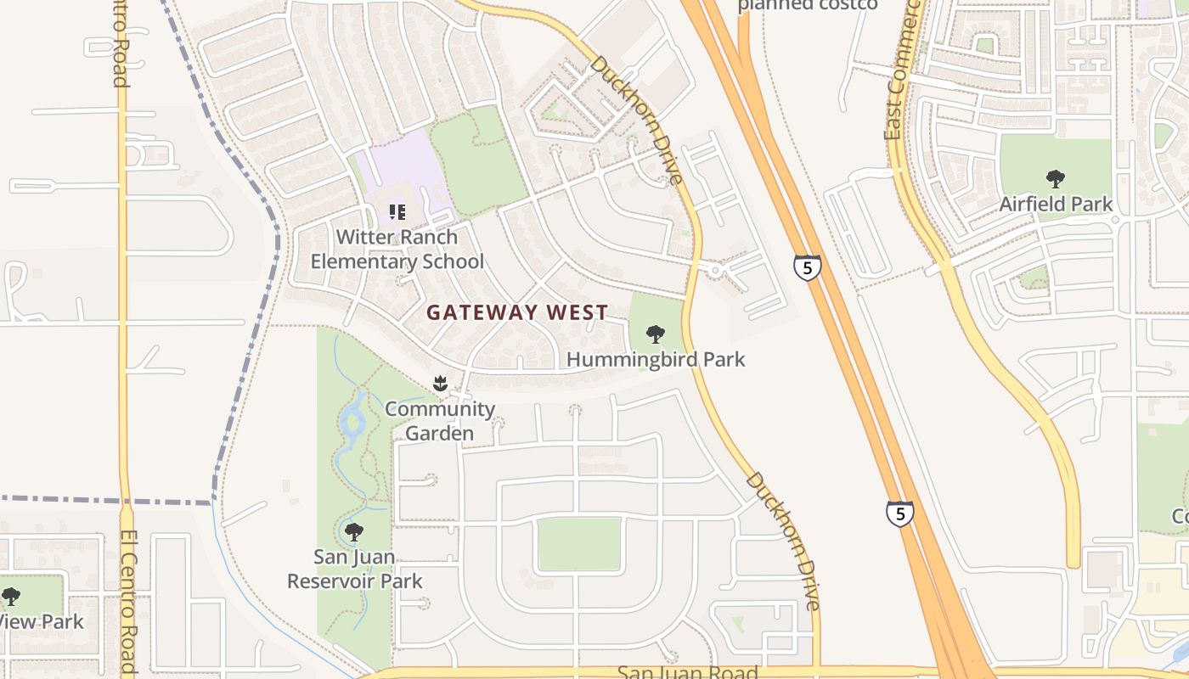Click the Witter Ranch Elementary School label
point(397,250)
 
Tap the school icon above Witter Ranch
point(397,211)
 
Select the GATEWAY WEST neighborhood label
point(517,312)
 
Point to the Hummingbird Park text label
point(655,359)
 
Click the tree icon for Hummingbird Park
point(655,334)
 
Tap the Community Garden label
point(440,421)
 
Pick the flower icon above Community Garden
point(440,384)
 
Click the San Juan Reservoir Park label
point(354,569)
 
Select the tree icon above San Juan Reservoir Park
point(354,532)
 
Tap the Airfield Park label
point(1056,204)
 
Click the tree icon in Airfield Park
point(1056,178)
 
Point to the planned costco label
point(807,5)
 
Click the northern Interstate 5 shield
point(807,267)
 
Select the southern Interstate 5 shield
point(900,513)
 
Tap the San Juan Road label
point(687,672)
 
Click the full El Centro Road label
point(128,603)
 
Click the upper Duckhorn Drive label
point(637,119)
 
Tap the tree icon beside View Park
point(10,597)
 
